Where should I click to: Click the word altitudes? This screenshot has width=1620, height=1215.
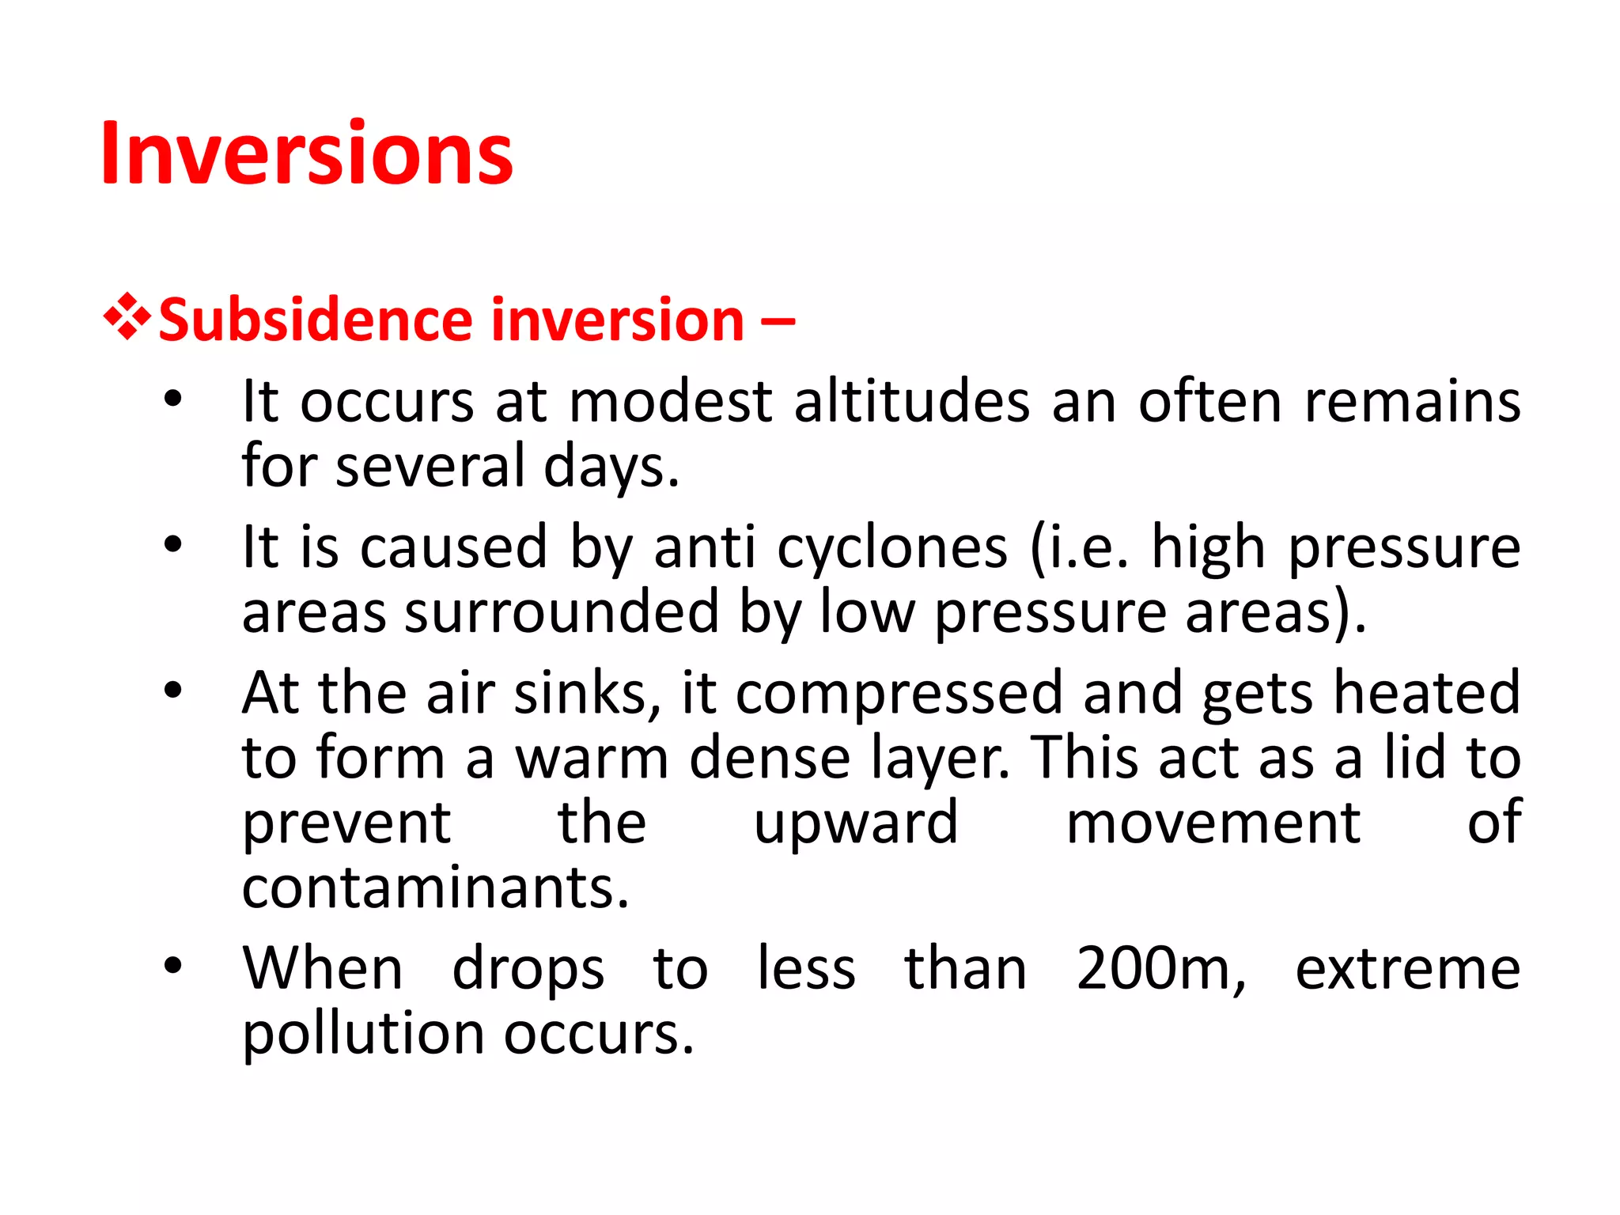pos(911,402)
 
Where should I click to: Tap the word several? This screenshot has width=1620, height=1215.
pos(430,467)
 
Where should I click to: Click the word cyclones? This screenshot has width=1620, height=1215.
pos(891,547)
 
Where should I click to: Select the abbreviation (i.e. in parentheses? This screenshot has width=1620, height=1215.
pos(1080,547)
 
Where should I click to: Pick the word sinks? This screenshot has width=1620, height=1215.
pos(588,693)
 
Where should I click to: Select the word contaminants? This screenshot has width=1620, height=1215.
pos(435,888)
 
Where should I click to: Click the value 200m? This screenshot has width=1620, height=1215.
pos(1160,968)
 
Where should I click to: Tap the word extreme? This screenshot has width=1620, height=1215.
pos(1407,970)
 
